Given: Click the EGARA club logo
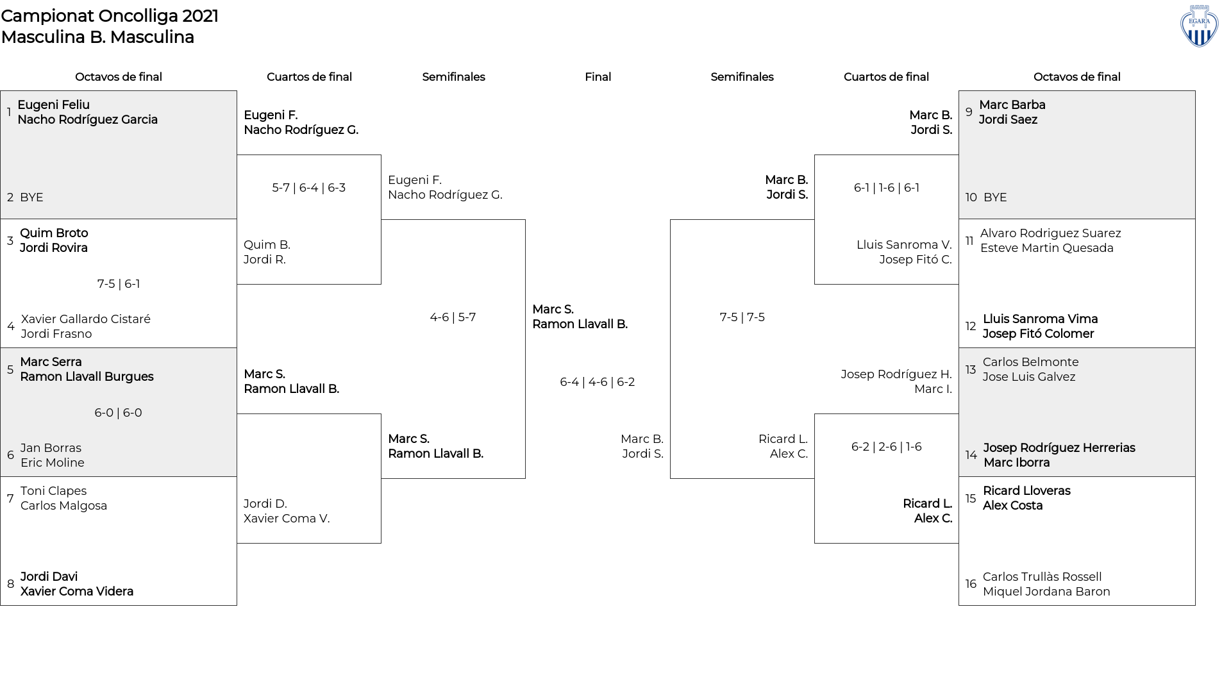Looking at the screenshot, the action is point(1199,26).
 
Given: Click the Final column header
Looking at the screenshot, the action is point(598,77).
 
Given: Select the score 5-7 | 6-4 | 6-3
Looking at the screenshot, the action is point(309,188).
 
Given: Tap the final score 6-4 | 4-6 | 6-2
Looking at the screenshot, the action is point(598,382).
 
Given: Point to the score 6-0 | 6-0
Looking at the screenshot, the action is point(119,413).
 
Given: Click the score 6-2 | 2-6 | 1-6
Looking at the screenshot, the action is point(887,447).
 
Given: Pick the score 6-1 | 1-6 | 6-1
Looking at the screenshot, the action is point(887,188).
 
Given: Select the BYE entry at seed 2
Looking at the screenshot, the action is point(31,197).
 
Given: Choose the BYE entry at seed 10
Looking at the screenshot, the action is point(995,197).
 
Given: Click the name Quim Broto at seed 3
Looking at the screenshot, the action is point(54,233).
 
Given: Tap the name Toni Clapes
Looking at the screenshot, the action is point(53,491).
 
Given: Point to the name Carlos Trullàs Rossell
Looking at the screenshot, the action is point(1043,577).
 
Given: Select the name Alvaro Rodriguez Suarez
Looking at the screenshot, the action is point(1051,233).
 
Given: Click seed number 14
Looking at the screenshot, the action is point(971,455).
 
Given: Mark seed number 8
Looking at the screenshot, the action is point(10,584).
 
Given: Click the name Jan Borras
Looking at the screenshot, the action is point(51,448).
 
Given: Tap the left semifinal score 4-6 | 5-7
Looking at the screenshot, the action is point(453,317).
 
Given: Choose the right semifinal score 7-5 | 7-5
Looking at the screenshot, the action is point(742,317).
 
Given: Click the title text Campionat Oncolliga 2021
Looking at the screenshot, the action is point(110,16).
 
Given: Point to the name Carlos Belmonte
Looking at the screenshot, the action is point(1031,362).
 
